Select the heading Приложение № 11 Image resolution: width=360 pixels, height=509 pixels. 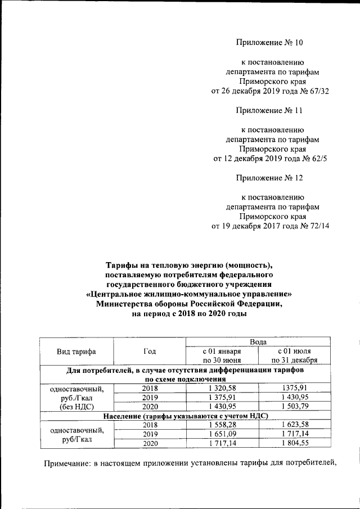pyautogui.click(x=269, y=110)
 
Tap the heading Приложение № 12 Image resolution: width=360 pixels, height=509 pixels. pyautogui.click(x=269, y=178)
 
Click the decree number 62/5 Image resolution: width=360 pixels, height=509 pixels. pyautogui.click(x=316, y=159)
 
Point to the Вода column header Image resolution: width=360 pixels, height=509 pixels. pyautogui.click(x=258, y=342)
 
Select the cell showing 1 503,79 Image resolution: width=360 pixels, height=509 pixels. pyautogui.click(x=295, y=406)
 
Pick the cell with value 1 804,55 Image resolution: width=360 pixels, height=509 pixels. pyautogui.click(x=295, y=444)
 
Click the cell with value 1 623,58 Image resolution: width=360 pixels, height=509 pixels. pyautogui.click(x=295, y=425)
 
